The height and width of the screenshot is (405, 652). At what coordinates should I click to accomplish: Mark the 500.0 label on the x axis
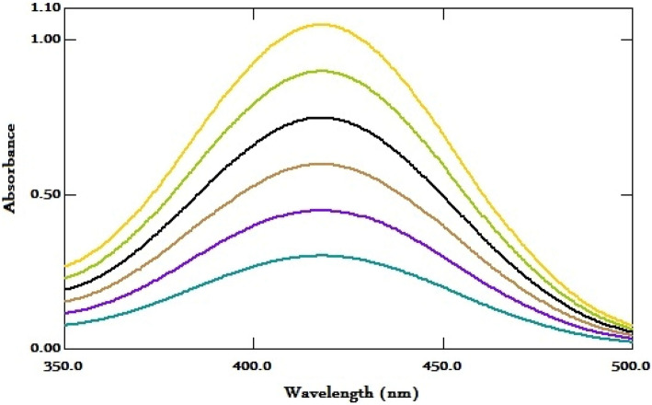(630, 366)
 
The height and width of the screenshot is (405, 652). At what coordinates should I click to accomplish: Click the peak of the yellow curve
(321, 25)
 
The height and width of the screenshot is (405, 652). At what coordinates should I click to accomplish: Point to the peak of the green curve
(321, 70)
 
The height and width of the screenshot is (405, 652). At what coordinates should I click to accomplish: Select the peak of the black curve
(321, 118)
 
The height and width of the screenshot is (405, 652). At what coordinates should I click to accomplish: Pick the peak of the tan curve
(321, 164)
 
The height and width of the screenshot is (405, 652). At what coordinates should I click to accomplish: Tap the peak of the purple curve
(321, 210)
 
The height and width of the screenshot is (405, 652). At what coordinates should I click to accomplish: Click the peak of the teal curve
(321, 255)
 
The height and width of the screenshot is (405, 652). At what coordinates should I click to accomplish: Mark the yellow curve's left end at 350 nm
(64, 266)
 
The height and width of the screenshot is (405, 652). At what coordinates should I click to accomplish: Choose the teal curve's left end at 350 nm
(64, 325)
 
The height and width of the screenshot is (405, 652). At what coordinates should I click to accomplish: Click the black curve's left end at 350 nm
(64, 289)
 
